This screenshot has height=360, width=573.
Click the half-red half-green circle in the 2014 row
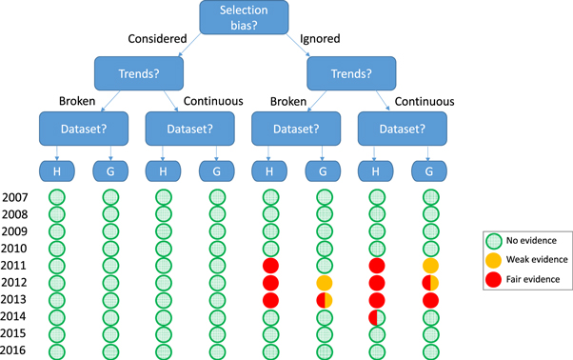pos(376,317)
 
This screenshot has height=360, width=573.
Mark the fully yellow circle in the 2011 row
pos(430,266)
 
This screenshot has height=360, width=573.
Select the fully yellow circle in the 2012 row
pos(324,283)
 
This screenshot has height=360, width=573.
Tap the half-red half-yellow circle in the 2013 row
pos(324,300)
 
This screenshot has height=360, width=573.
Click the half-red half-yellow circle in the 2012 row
pos(430,283)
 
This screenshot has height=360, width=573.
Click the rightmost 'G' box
pos(430,170)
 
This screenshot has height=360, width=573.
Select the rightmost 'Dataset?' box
pos(394,127)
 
